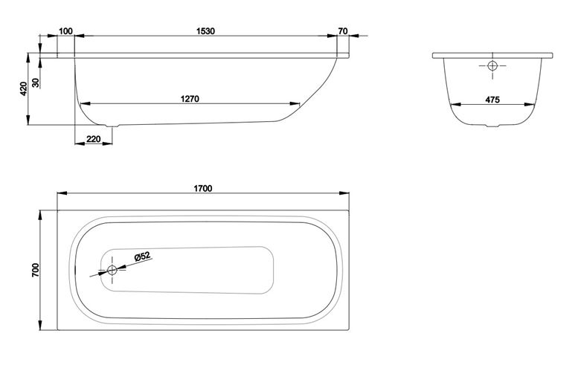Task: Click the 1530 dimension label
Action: click(205, 31)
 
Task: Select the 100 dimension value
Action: click(65, 31)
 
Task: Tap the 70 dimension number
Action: click(343, 31)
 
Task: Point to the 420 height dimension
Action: click(24, 88)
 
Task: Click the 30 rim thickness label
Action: click(36, 83)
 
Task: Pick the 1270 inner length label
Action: click(190, 99)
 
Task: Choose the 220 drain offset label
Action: click(93, 139)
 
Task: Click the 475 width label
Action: click(492, 100)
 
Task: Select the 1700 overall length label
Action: click(203, 189)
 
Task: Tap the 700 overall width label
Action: click(36, 270)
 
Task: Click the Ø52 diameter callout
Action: click(143, 256)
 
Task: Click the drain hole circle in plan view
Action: click(112, 271)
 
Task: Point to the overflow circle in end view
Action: click(492, 66)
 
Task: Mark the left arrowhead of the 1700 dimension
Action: click(62, 193)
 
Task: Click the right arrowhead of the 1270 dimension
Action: click(295, 104)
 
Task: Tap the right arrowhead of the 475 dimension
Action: click(530, 105)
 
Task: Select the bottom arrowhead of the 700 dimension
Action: click(40, 326)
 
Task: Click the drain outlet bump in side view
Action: click(112, 126)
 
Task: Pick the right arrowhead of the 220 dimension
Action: click(107, 143)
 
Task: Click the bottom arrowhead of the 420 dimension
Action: click(28, 120)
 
